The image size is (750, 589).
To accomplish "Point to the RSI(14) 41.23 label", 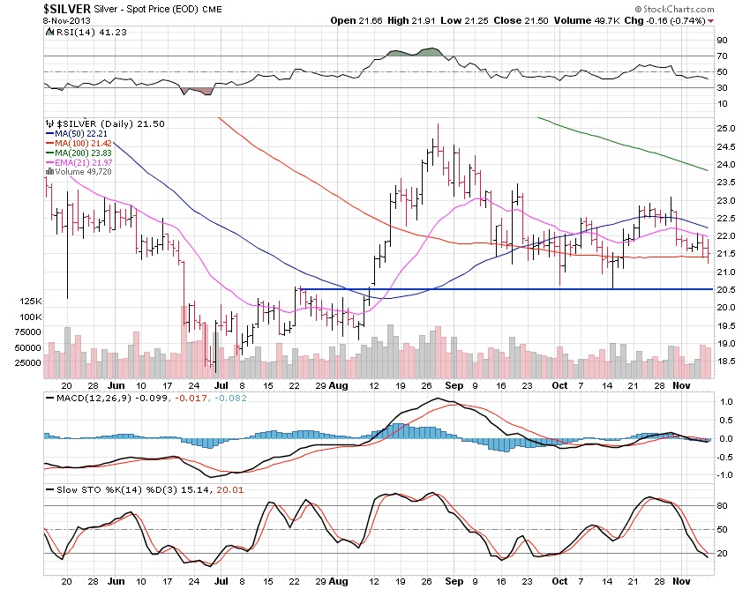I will pyautogui.click(x=79, y=32).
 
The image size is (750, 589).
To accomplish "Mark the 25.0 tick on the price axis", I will pyautogui.click(x=726, y=129).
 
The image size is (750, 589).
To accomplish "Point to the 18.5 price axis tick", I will pyautogui.click(x=726, y=362).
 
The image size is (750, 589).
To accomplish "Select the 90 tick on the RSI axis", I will pyautogui.click(x=721, y=41).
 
